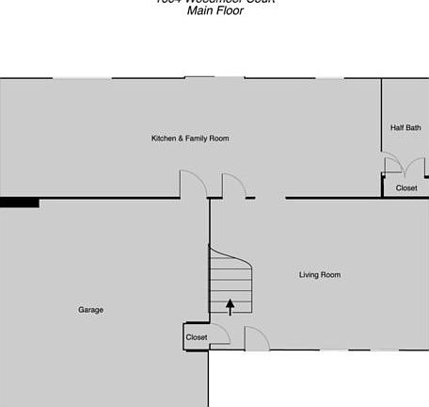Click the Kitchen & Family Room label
[x=190, y=138]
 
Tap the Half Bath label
[x=405, y=127]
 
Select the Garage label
[x=90, y=310]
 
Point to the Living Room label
[x=319, y=275]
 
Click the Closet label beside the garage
[x=197, y=337]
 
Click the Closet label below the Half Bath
[x=405, y=188]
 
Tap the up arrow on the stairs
[x=230, y=305]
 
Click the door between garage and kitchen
[x=193, y=184]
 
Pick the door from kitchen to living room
[x=233, y=186]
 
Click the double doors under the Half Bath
[x=392, y=166]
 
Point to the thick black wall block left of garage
[x=19, y=202]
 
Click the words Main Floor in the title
[x=214, y=11]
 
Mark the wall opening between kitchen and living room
[x=270, y=198]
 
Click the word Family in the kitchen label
[x=198, y=138]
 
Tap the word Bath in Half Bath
[x=414, y=127]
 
